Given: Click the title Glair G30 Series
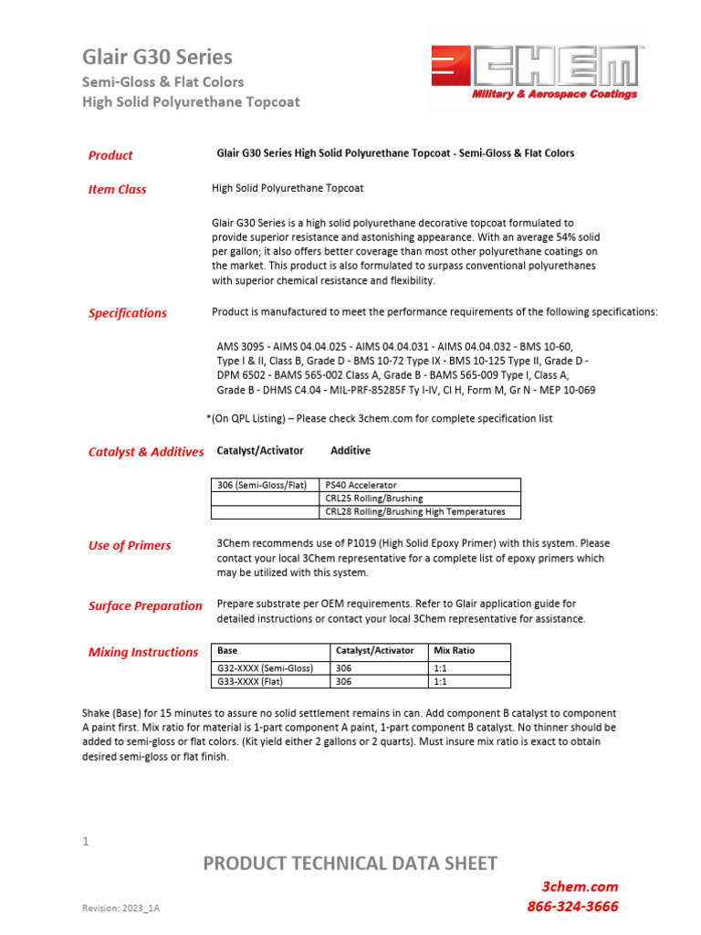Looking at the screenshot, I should tap(157, 57).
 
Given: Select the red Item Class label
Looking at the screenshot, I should tap(117, 190).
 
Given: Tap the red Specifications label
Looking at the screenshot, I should tap(127, 313).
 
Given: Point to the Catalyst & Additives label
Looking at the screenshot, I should tap(146, 452).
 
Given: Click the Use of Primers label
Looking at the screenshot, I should tap(129, 546).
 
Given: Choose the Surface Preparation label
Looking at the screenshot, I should tap(145, 606).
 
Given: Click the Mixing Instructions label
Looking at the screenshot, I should tap(142, 652).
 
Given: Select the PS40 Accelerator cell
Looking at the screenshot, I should tap(361, 485).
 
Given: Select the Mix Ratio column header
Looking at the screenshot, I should tap(454, 651).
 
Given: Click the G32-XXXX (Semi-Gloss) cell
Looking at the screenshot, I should tap(265, 668).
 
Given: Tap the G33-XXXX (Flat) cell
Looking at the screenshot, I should tap(252, 681).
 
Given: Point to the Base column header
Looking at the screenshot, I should tap(226, 651).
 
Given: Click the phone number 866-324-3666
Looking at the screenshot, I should tap(572, 907).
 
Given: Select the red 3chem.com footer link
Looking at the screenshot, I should tap(580, 887).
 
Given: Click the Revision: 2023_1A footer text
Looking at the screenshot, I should tap(122, 910).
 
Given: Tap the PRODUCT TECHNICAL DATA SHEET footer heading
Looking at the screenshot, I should tap(350, 864).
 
